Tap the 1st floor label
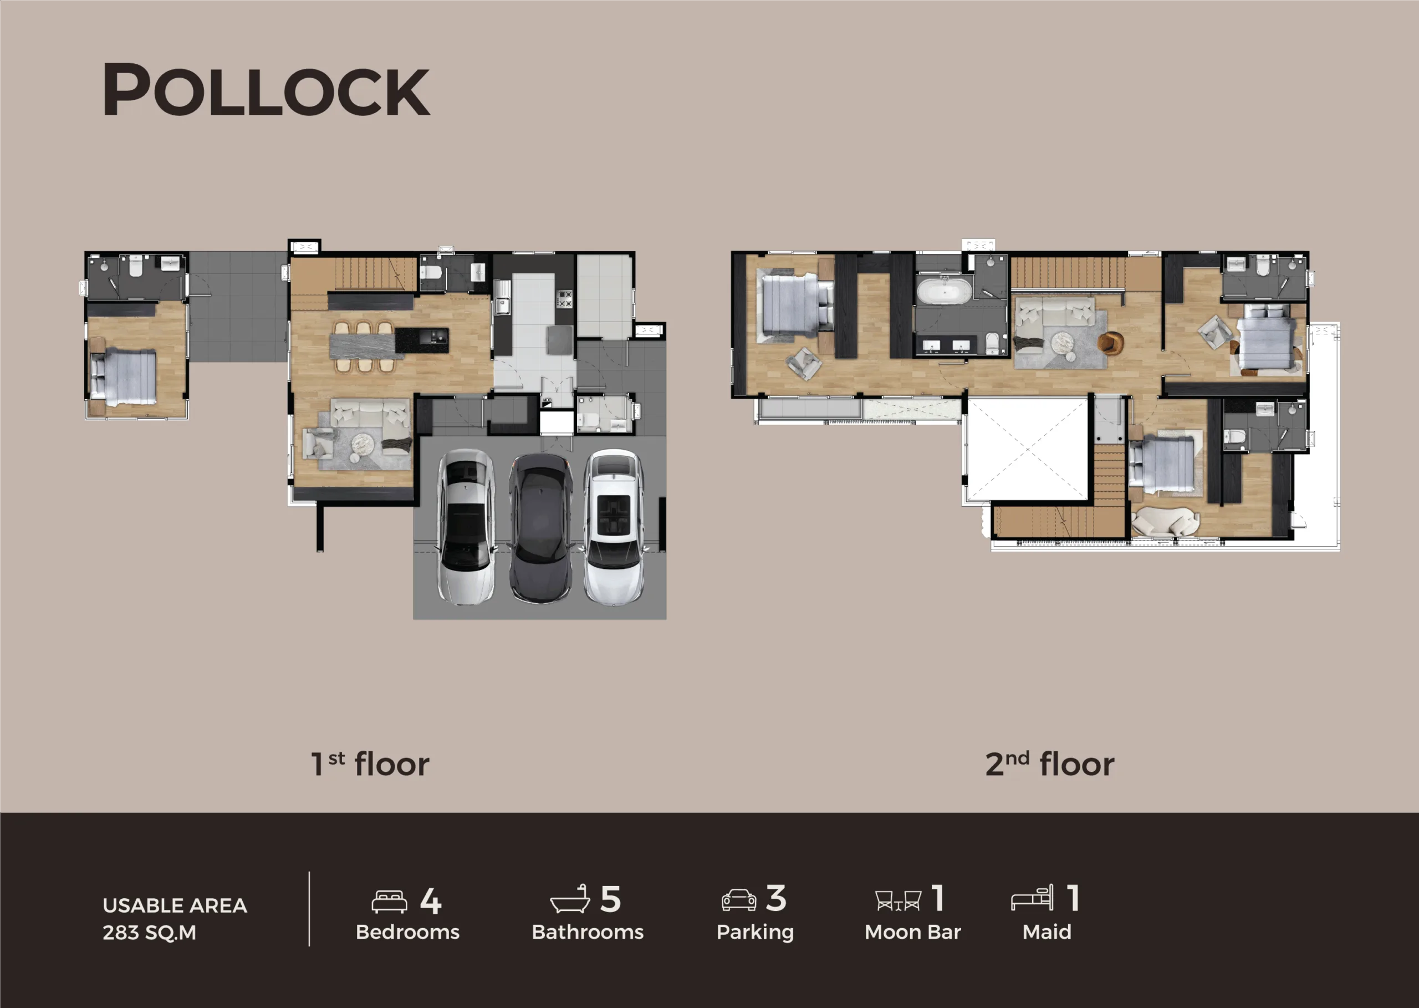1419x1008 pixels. coord(370,763)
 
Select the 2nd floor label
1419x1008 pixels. coord(1050,763)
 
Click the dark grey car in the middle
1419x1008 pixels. coord(540,528)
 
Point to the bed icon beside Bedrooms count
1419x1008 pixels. coord(389,901)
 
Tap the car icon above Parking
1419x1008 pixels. coord(739,900)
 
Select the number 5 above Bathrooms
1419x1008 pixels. coord(610,899)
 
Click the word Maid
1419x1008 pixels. coord(1047,931)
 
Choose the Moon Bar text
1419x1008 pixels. coord(913,931)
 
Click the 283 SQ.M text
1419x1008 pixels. coord(150,932)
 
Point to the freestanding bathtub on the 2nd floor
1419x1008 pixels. coord(945,291)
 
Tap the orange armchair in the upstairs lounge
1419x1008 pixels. coord(1110,342)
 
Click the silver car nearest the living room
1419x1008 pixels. coord(467,526)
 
